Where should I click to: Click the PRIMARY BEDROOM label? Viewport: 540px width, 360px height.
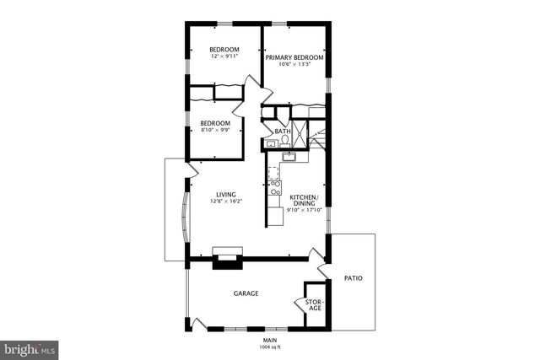coord(294,57)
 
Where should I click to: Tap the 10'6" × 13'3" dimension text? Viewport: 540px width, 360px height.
coord(294,65)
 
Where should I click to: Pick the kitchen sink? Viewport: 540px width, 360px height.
coord(288,157)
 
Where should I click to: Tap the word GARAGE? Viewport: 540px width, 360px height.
coord(246,293)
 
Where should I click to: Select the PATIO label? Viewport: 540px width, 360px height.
coord(354,278)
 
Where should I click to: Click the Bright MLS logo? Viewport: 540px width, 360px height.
coord(30,347)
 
